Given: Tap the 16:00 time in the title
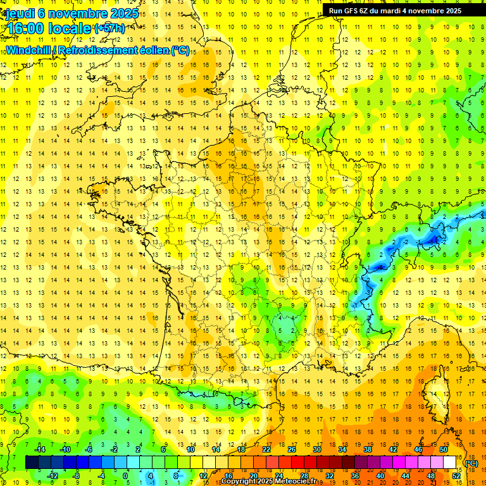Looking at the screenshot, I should (x=27, y=28).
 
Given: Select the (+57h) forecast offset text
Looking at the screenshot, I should (x=109, y=28).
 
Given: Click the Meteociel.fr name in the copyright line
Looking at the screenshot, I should (x=297, y=482).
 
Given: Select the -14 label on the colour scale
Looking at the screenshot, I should (x=40, y=449).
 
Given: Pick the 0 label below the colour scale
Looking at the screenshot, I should (x=125, y=476).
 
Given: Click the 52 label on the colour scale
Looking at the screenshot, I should (x=456, y=476).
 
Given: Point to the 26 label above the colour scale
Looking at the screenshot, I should (x=291, y=449).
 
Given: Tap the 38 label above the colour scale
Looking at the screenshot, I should (x=367, y=449).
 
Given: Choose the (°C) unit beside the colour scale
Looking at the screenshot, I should (x=471, y=463).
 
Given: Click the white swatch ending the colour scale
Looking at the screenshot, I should (x=450, y=463).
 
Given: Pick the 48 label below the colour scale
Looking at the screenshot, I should (x=430, y=476).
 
